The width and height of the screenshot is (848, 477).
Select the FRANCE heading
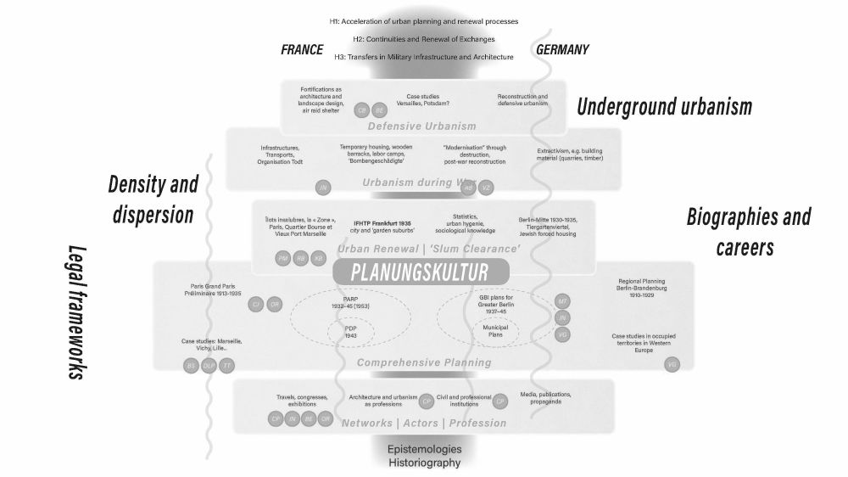coord(302,50)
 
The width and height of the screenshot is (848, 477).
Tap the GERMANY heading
coord(562,50)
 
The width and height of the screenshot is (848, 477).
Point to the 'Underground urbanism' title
coord(665,107)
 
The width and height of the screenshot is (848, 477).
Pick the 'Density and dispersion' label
coord(153,199)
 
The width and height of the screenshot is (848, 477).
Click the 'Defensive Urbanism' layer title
coord(424,126)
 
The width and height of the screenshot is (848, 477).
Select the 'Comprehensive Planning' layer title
coord(424,362)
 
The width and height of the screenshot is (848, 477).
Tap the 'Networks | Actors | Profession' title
coord(424,423)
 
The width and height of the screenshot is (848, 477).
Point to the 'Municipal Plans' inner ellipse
coord(494,331)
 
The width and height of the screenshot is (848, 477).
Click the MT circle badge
coord(563,302)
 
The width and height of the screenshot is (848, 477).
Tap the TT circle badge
coord(226,366)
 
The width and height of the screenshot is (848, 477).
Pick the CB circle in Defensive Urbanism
coord(362,110)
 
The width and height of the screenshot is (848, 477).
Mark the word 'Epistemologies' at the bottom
coord(424,448)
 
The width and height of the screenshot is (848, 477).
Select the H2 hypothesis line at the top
coord(424,39)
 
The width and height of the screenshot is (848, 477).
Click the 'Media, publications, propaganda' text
coord(546,398)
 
